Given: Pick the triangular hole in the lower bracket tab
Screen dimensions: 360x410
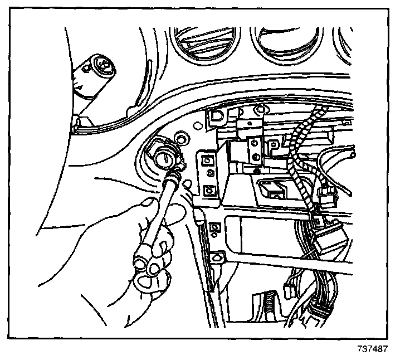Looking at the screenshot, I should coord(217,257).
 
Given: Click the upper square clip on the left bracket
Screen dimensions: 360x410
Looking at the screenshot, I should coord(207,161).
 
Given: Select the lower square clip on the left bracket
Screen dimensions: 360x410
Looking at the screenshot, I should coord(209,190).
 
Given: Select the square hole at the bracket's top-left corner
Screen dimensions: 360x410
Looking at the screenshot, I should coord(216,116).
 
